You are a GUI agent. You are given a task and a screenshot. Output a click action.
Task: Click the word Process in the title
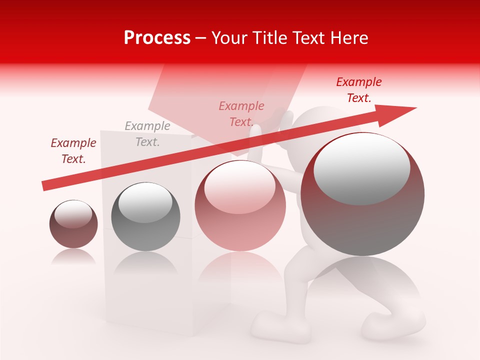[x=157, y=38]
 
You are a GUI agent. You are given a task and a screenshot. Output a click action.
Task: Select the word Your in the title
[x=229, y=38]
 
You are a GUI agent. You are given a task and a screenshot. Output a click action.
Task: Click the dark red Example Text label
[x=73, y=151]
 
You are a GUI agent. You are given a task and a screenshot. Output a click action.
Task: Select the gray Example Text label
[x=147, y=134]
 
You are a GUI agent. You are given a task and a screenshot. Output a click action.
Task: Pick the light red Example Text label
[x=241, y=114]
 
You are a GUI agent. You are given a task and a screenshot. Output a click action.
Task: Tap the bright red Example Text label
[x=359, y=90]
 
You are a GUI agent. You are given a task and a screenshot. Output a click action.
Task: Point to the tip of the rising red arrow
[x=415, y=108]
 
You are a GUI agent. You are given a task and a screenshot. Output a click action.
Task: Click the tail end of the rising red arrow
[x=44, y=186]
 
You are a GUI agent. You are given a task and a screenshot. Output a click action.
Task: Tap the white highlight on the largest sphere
[x=362, y=167]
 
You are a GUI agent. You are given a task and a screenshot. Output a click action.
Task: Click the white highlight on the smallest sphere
[x=73, y=213]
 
